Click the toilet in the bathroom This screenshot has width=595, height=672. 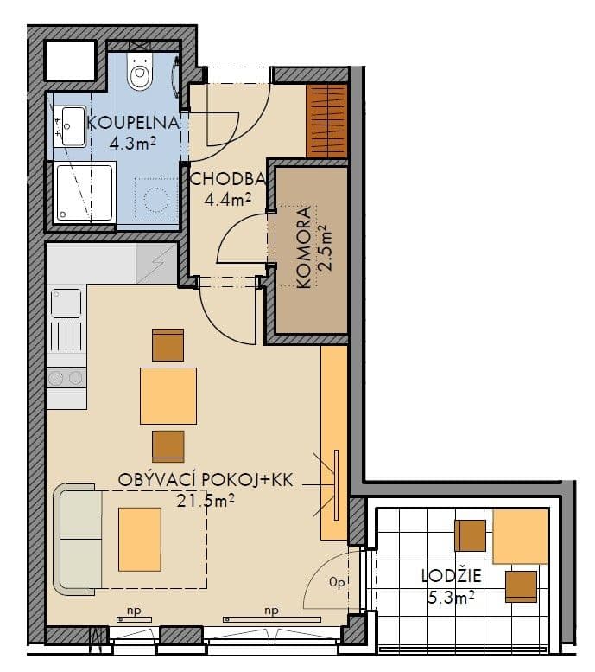140,73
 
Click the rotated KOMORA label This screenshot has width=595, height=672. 302,251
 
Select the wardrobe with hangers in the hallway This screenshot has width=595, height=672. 327,122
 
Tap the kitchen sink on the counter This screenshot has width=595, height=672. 66,303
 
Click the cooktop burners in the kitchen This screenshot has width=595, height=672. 66,378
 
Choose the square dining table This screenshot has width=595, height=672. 168,395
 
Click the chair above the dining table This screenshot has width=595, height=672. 168,344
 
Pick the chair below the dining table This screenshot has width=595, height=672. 168,445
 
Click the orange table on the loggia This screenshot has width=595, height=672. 520,536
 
